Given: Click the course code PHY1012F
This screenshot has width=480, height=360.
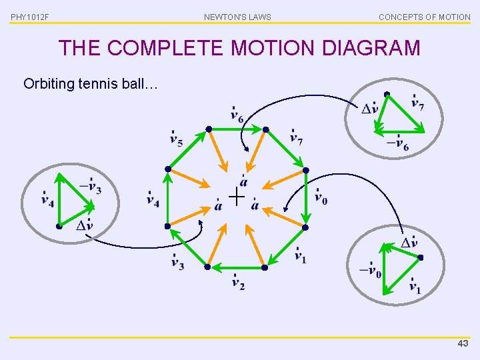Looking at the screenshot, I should coord(29,17).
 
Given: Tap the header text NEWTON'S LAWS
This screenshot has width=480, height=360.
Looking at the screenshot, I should coord(237,17).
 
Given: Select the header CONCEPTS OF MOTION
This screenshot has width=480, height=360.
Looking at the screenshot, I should coord(424,17).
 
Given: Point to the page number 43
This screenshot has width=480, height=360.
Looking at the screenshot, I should coord(463,343).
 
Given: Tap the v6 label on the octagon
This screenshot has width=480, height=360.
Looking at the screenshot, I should coord(237,115).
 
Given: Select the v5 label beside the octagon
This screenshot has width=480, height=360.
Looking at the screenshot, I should coord(177,139).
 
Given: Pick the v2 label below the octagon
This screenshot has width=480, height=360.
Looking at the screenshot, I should coord(238,283).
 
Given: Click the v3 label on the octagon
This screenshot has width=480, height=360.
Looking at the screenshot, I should coord(177,263).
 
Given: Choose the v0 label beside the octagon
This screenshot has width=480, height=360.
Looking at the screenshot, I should coord(321,198).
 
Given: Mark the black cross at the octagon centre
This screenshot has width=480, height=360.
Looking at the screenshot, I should coord(236,196).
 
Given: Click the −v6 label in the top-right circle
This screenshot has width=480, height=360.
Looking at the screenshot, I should coord(398,144).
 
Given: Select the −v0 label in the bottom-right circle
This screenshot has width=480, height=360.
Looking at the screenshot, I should coord(371,270).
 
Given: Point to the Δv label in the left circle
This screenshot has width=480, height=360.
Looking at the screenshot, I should coord(84,225).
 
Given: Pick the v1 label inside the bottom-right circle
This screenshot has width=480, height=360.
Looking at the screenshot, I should coord(415,287).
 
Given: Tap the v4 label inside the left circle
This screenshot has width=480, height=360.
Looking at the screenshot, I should coord(48,199).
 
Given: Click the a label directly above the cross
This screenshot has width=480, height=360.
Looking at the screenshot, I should coord(244,181).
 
